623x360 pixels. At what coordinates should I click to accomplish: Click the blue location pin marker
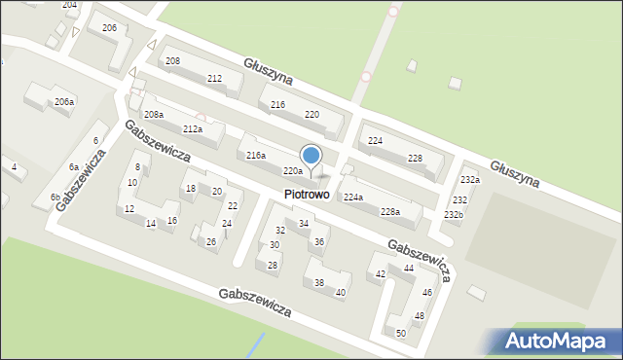pos(311,157)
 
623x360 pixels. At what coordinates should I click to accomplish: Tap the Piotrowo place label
pos(307,195)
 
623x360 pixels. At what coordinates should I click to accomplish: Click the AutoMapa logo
pos(553,341)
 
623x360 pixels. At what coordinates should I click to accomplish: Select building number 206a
pos(64,102)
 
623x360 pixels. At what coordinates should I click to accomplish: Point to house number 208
pos(172,61)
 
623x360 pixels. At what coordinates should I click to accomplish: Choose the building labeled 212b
pos(192,129)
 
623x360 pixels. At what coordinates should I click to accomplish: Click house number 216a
pos(255,156)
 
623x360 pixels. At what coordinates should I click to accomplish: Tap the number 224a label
pos(352,198)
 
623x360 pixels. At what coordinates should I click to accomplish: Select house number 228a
pos(389,211)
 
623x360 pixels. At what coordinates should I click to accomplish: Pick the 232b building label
pos(453,214)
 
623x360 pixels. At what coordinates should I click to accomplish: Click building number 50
pos(400,333)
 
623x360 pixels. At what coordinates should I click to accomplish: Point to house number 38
pos(318,283)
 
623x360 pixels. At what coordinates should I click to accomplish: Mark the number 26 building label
pos(210,241)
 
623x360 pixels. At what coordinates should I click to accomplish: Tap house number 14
pos(150,224)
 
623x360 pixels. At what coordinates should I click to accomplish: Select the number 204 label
pos(69,5)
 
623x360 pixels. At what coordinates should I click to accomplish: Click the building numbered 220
pos(311,115)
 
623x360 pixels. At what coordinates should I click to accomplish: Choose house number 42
pos(381,275)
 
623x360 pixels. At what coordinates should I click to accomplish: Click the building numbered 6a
pos(73,167)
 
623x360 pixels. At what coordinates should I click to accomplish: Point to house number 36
pos(318,241)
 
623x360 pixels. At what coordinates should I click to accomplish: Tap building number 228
pos(415,159)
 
